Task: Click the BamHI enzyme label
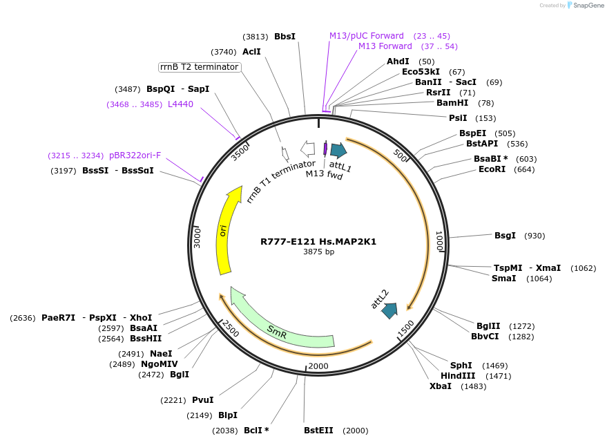452,103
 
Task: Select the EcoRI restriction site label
492,169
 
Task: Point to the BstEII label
318,431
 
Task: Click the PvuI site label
202,400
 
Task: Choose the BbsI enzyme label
285,37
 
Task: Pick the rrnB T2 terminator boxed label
199,67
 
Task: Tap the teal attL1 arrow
338,150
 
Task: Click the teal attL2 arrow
389,310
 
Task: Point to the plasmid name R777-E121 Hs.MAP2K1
318,242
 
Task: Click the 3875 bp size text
318,252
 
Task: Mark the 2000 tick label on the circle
318,366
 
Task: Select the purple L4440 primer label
180,104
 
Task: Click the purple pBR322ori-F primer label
135,155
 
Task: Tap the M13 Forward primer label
385,46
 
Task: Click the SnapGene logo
586,6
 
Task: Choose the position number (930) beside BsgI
534,236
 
